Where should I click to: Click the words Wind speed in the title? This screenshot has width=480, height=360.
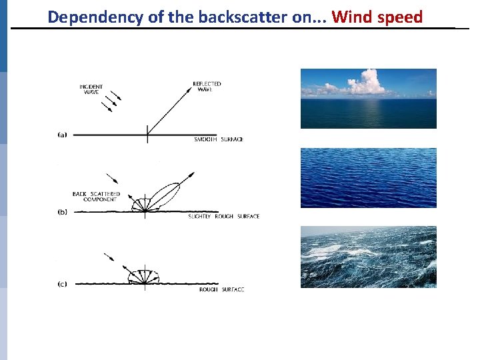[377, 17]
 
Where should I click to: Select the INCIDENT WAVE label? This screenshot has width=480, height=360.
[91, 89]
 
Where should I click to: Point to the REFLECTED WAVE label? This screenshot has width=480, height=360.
[207, 87]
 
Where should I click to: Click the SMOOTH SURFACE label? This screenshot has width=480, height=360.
[219, 139]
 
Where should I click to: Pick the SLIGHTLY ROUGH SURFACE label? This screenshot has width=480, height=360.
[223, 217]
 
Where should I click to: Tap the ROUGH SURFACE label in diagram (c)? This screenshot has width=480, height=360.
[221, 290]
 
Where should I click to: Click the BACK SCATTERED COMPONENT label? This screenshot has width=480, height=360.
[96, 197]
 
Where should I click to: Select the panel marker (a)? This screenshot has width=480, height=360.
[61, 135]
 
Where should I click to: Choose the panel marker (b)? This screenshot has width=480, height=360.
[61, 212]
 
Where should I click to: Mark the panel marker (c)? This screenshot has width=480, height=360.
[61, 285]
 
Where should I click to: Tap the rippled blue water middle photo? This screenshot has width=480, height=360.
[368, 177]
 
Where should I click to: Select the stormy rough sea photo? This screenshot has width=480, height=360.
[368, 257]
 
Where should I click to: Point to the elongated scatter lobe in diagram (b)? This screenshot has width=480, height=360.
[167, 197]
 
